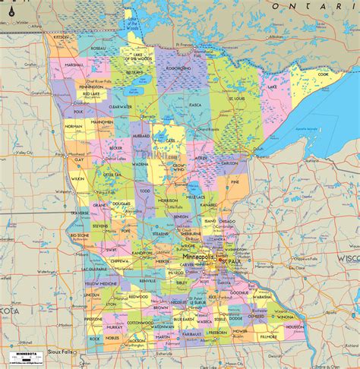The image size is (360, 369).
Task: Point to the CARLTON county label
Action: pyautogui.click(x=231, y=162)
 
